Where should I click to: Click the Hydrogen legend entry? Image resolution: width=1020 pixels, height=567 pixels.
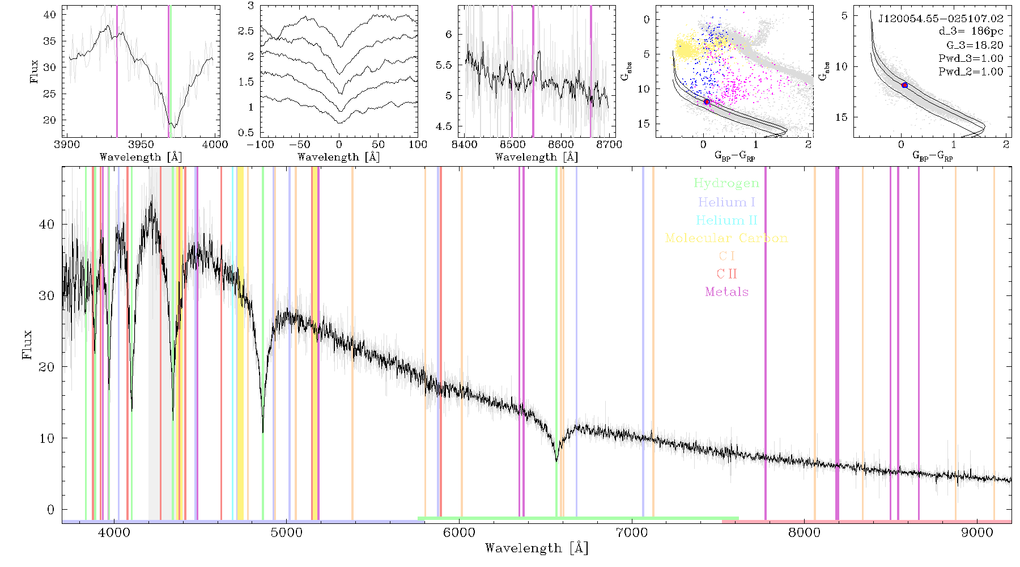point(726,184)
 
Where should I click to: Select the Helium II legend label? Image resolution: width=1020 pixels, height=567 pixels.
point(726,220)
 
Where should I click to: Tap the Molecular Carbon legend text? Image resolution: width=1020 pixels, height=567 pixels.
point(726,238)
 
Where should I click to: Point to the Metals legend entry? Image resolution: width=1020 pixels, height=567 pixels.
point(727,292)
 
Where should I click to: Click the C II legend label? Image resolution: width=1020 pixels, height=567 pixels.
point(727,274)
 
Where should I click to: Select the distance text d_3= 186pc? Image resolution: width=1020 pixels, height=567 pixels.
point(971,32)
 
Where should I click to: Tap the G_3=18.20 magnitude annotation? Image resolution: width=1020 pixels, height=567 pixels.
point(975,45)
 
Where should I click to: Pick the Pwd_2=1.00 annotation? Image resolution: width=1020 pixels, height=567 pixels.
point(971,72)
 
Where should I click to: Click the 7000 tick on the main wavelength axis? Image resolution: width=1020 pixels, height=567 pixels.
point(631,533)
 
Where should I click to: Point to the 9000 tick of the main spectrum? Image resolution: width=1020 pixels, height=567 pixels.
point(976,533)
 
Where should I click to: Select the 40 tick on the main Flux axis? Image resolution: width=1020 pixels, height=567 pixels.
point(46,225)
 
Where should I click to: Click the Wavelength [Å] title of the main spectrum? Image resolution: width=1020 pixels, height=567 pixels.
point(537,548)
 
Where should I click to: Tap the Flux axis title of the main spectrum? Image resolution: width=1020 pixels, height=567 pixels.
point(27,344)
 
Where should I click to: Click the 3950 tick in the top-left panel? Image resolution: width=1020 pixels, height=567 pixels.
point(141,144)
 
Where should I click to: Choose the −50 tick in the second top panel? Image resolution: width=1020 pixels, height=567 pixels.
point(300,144)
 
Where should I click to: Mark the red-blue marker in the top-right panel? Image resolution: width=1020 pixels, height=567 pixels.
point(904,85)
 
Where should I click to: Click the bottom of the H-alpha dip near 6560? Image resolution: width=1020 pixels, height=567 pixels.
point(556,461)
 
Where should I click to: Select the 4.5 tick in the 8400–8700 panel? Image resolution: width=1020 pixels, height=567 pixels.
point(444,126)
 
